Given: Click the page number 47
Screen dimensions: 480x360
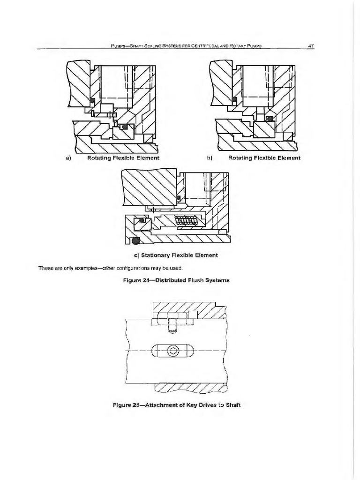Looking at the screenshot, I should (x=310, y=45).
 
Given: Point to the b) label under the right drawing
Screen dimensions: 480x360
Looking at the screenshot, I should (x=210, y=158).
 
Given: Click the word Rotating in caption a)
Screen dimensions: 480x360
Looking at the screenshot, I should (x=101, y=158).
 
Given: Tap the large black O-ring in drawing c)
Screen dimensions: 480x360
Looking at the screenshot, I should (x=136, y=241).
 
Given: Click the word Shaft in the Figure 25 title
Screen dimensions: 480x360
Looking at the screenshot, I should (x=232, y=406).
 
